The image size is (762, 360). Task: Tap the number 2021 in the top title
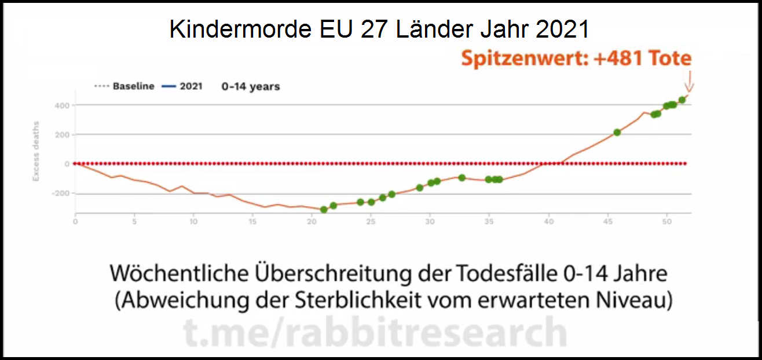click(562, 29)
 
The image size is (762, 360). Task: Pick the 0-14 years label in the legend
click(251, 86)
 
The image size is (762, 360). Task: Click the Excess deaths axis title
click(36, 151)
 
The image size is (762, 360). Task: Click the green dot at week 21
click(324, 210)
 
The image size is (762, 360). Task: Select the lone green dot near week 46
click(617, 133)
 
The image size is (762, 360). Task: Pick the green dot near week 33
click(461, 178)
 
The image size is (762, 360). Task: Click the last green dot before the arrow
click(682, 100)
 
